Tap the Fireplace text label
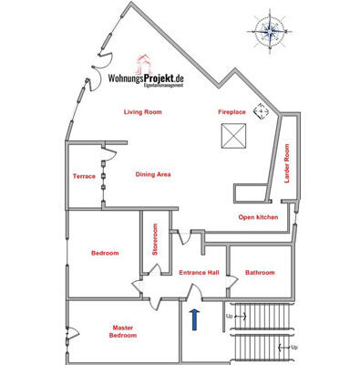(x=231, y=111)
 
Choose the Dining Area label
(x=153, y=173)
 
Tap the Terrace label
(x=84, y=175)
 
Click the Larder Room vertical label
(x=286, y=163)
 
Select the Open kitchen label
(x=258, y=217)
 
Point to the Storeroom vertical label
(x=155, y=241)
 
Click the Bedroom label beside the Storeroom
(x=105, y=253)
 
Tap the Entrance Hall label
(x=199, y=272)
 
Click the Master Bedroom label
(x=123, y=331)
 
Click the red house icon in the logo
(x=142, y=63)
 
